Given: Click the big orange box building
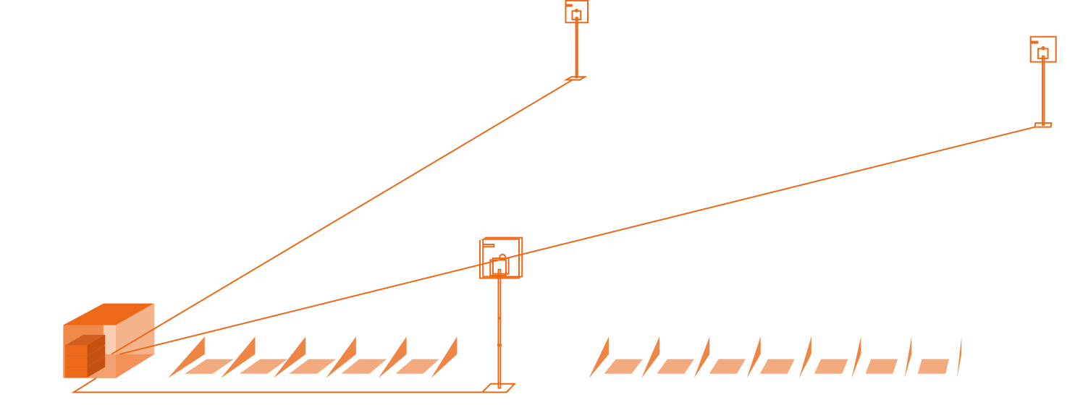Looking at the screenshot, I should pos(109,341).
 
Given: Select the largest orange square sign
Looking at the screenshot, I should pos(501,257).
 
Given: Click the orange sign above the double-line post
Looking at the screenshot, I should pos(576,12).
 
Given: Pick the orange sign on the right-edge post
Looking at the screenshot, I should pos(1042,49).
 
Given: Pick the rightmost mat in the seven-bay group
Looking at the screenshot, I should pos(933,366).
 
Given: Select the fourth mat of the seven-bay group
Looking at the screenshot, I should pos(776,366).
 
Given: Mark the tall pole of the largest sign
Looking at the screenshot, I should pos(499,333).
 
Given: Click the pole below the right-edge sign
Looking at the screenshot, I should pos(1043,94).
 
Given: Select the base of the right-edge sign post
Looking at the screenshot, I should pos(1042,125).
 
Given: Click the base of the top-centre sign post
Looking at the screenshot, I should pos(575,77).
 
